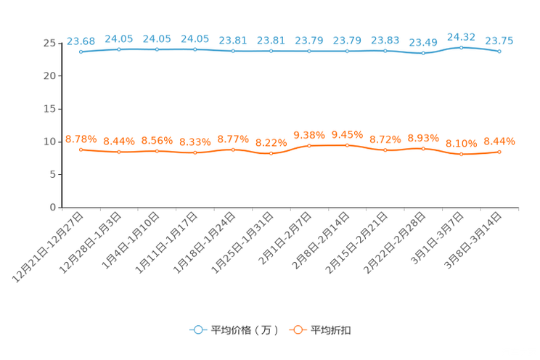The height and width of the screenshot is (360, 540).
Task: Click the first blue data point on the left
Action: (81, 52)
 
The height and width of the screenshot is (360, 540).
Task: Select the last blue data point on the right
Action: (499, 52)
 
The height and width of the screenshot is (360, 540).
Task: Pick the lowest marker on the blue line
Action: (423, 54)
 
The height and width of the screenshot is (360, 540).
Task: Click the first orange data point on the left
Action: (81, 150)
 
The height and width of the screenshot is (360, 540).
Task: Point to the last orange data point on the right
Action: (499, 152)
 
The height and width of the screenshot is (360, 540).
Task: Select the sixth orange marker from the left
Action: (271, 154)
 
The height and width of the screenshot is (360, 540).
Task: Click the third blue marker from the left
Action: (157, 49)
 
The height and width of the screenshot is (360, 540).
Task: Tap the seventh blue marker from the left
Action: (309, 52)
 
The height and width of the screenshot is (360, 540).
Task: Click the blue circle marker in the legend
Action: (197, 330)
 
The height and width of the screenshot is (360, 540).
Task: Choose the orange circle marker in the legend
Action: (298, 330)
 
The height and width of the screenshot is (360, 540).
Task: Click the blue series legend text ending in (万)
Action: (244, 330)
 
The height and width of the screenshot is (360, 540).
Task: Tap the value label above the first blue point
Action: (81, 41)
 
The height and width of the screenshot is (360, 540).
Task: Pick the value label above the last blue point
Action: (499, 41)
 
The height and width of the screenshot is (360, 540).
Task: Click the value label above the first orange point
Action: (81, 139)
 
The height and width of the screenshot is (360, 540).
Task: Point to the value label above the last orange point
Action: (499, 141)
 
